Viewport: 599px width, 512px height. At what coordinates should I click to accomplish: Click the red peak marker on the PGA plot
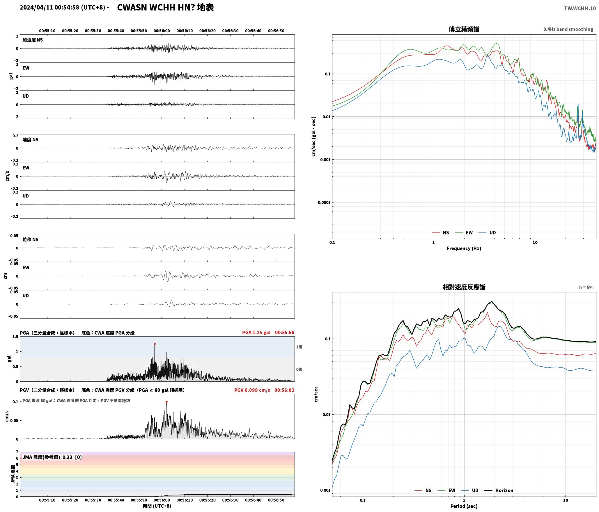click(x=155, y=344)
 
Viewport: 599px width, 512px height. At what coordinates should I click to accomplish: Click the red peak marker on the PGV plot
click(x=166, y=402)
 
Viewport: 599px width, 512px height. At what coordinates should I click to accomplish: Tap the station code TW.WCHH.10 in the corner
click(x=580, y=8)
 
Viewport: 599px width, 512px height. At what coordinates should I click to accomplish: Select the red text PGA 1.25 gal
click(x=256, y=332)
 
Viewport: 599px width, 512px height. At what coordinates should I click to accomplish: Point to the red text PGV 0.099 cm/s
click(x=252, y=390)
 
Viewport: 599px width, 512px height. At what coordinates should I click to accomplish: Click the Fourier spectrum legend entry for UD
click(x=487, y=232)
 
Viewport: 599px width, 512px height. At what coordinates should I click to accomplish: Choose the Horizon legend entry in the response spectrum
click(x=499, y=490)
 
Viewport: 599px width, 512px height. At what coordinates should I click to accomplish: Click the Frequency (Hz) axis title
click(x=464, y=248)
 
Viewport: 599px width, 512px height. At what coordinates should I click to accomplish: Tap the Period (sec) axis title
click(x=464, y=506)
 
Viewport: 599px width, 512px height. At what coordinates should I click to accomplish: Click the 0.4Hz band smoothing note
click(x=568, y=29)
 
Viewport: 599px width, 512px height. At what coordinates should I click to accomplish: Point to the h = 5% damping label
click(x=586, y=287)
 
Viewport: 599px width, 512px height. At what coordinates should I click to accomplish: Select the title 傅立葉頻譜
click(x=464, y=29)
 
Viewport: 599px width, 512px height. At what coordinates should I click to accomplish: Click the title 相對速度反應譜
click(x=464, y=287)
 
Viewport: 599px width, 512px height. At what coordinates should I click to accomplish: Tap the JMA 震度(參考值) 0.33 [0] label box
click(x=52, y=457)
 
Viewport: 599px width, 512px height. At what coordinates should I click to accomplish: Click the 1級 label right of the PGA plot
click(x=299, y=347)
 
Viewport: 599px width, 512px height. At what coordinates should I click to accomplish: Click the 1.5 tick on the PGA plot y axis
click(x=15, y=337)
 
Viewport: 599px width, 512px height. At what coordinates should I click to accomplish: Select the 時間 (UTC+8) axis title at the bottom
click(x=157, y=506)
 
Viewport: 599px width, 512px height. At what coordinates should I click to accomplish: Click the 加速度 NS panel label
click(x=33, y=40)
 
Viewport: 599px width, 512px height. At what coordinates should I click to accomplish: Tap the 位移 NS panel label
click(x=31, y=239)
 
